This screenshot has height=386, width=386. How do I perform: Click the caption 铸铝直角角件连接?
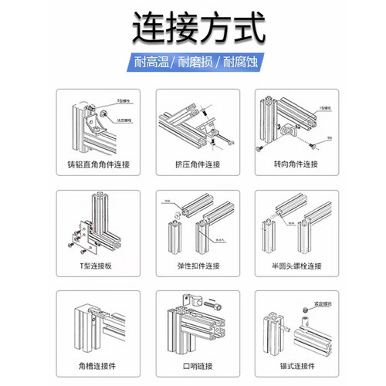click(x=94, y=164)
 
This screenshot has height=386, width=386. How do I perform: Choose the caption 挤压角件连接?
click(x=193, y=164)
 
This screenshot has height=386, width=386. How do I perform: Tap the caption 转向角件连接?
click(x=292, y=164)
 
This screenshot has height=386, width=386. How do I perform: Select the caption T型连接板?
click(x=94, y=266)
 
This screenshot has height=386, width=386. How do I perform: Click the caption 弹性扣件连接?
click(x=193, y=266)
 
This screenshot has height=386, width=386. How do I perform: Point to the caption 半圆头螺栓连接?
click(x=292, y=266)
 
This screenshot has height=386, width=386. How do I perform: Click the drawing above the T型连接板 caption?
click(x=94, y=223)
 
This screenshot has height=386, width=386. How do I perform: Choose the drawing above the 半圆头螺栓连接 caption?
click(x=292, y=223)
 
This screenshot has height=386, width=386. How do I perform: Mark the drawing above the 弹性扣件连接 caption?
click(x=193, y=223)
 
